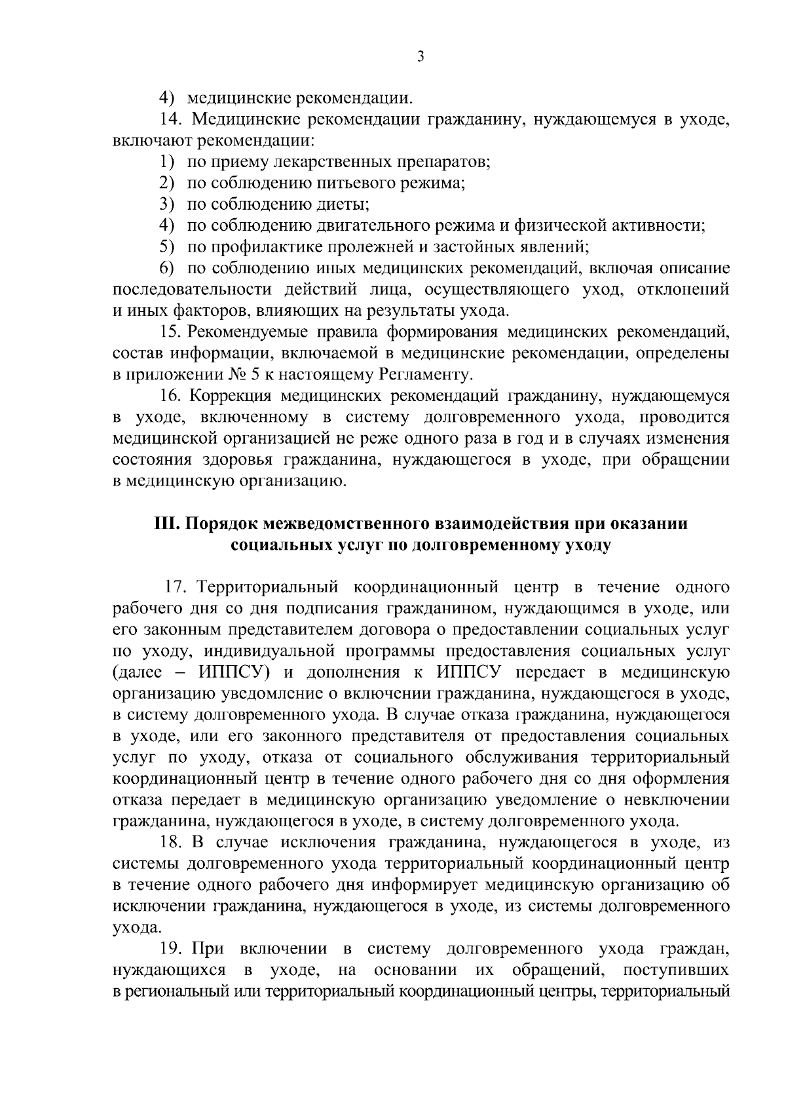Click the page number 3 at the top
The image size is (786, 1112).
tap(421, 57)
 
